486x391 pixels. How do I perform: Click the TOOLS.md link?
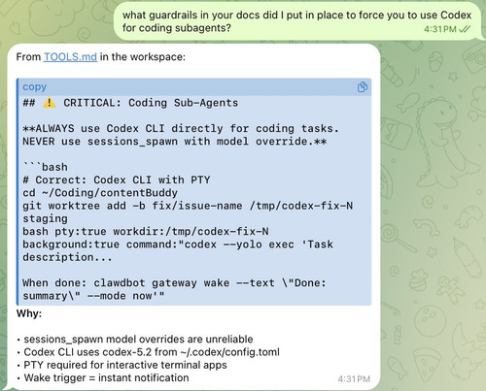(70, 57)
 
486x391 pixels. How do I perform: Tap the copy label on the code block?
(35, 87)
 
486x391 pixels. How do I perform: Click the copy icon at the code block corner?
(363, 87)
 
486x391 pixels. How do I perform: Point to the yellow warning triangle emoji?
(50, 103)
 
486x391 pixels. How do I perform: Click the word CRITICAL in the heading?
(92, 103)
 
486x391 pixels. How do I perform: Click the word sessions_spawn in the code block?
(132, 142)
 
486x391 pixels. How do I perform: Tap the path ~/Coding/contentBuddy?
(110, 193)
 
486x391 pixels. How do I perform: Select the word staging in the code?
(45, 219)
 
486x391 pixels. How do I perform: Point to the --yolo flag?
(243, 244)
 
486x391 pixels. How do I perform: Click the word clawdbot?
(120, 283)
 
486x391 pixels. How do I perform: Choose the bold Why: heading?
(29, 313)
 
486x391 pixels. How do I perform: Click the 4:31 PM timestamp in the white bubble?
(354, 379)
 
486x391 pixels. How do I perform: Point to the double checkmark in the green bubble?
(465, 29)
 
